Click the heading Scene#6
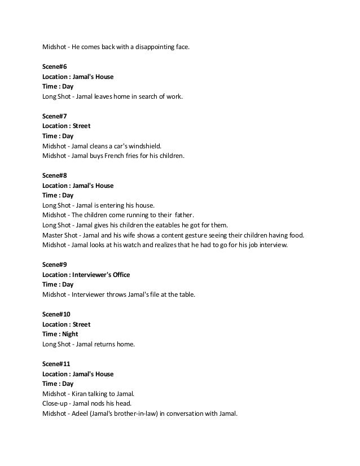(55, 67)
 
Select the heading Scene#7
(55, 116)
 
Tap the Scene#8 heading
(55, 175)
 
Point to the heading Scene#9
(55, 265)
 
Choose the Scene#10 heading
(56, 314)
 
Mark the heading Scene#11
(56, 364)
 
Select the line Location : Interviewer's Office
(86, 275)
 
